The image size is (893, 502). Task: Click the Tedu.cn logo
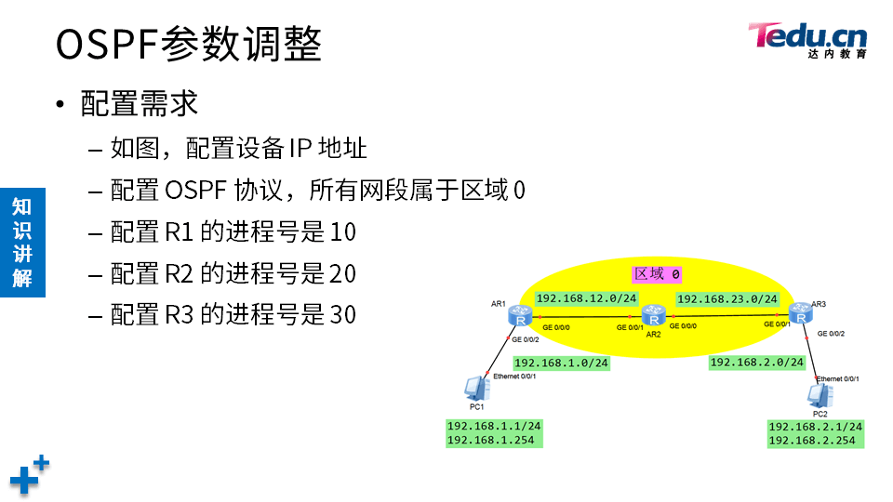[x=806, y=39]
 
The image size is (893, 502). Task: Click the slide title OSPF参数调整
[x=189, y=44]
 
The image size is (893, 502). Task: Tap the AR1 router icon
[x=519, y=317]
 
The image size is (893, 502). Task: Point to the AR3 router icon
[x=798, y=313]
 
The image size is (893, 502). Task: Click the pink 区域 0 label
[x=657, y=273]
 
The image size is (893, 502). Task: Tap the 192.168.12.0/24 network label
[x=587, y=298]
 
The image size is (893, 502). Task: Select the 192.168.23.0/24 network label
[x=727, y=299]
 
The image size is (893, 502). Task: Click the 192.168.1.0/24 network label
[x=561, y=363]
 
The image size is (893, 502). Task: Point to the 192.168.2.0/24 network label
[x=757, y=362]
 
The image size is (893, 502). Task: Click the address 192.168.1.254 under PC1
[x=491, y=440]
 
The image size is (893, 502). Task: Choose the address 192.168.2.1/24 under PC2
[x=815, y=427]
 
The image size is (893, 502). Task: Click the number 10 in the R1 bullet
[x=343, y=231]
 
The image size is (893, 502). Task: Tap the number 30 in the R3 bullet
[x=343, y=315]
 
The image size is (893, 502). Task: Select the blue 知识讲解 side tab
[x=21, y=242]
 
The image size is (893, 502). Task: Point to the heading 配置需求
[x=140, y=103]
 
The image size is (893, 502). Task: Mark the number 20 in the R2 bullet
[x=343, y=273]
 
